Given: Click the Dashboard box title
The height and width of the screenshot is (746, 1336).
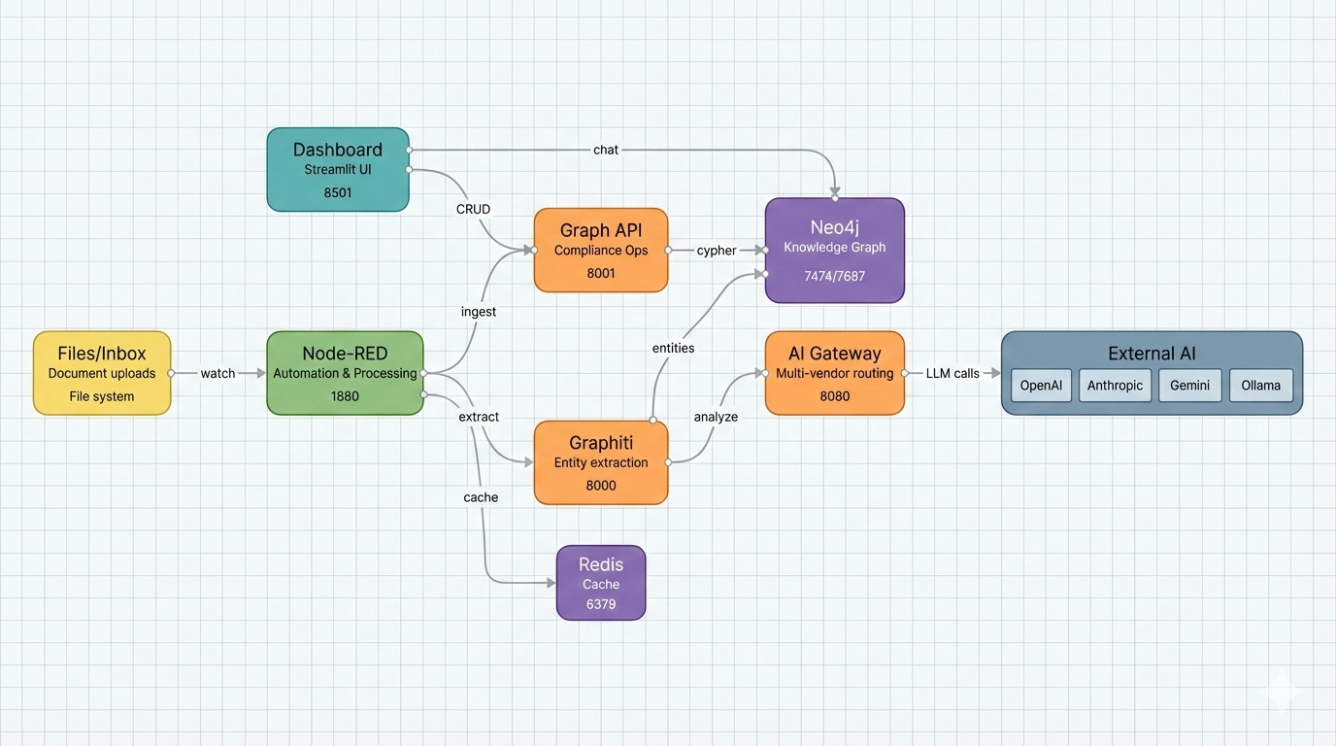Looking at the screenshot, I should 338,150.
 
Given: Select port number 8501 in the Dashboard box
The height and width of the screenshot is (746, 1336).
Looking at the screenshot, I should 338,192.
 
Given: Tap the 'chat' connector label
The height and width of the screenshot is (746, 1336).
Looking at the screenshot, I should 606,150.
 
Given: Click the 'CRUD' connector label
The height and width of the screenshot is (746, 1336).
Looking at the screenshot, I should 473,209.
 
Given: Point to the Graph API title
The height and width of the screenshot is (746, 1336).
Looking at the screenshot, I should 601,230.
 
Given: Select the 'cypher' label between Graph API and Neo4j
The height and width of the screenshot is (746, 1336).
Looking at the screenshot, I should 717,251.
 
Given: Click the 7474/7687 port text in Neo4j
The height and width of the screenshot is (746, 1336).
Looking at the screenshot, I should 834,276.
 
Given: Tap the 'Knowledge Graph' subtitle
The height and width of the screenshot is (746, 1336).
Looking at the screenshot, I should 834,247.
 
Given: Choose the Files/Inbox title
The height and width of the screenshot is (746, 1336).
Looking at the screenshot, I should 102,354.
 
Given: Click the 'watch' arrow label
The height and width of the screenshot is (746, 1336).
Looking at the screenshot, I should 217,373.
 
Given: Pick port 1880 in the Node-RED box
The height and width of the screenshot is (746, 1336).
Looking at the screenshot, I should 345,396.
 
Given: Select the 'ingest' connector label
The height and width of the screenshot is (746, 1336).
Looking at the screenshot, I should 479,312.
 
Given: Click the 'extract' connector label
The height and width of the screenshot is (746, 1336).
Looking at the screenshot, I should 479,417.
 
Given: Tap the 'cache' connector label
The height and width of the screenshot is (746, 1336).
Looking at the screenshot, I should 481,497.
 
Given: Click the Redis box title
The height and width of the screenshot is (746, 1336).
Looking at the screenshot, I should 601,564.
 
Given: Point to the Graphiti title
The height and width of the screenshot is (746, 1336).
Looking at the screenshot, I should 601,443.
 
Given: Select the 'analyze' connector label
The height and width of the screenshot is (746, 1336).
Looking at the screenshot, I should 716,417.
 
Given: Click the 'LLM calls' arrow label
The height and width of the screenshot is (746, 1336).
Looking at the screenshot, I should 952,373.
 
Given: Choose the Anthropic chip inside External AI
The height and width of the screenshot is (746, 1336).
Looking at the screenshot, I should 1115,386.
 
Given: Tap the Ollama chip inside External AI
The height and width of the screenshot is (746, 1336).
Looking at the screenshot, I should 1261,386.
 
